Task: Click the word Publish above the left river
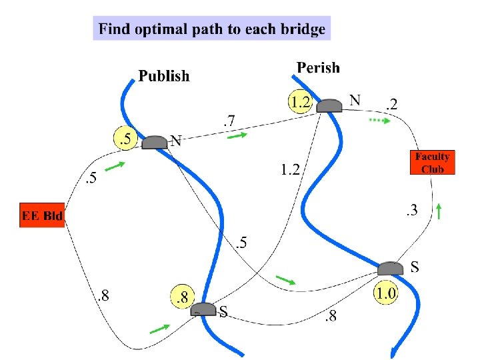click(x=164, y=76)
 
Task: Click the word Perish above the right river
click(x=318, y=67)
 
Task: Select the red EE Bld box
click(x=43, y=215)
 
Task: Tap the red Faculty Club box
click(x=433, y=162)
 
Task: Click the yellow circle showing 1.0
click(x=386, y=293)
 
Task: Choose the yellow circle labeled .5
click(x=125, y=139)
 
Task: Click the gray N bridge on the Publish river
click(x=155, y=142)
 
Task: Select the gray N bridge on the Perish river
click(x=329, y=105)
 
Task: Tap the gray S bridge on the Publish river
click(x=203, y=309)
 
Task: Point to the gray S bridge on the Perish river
click(x=391, y=269)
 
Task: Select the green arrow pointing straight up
click(x=438, y=211)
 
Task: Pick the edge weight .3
click(x=411, y=211)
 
